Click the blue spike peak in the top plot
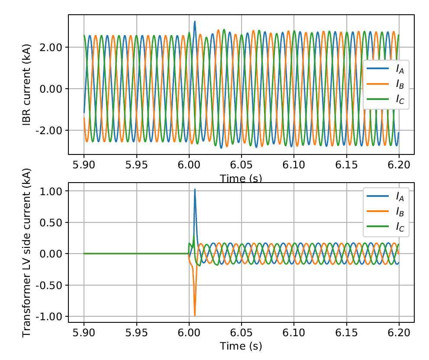tap(195, 21)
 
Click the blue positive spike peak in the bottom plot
tap(195, 189)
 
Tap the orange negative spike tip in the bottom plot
tap(195, 315)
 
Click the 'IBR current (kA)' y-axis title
tap(27, 84)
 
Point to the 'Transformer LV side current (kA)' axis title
tap(27, 252)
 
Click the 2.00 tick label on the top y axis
tap(51, 48)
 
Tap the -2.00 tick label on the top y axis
tap(49, 131)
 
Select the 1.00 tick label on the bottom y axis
tap(51, 191)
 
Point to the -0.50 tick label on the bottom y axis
tap(49, 286)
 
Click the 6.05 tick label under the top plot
tap(242, 165)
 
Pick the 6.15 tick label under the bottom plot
tap(346, 333)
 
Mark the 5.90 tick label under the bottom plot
tap(84, 333)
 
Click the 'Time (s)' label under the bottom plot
tap(241, 346)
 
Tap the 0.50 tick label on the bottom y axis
tap(51, 223)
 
